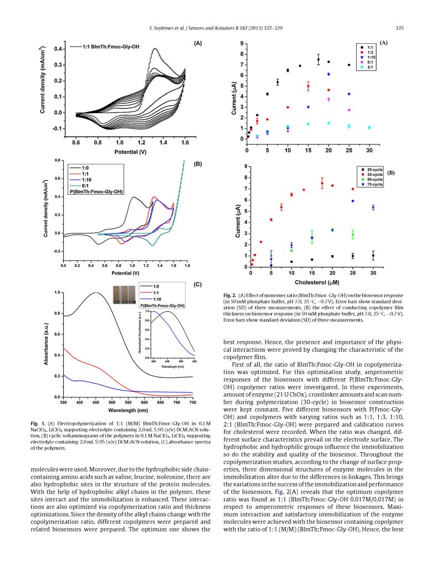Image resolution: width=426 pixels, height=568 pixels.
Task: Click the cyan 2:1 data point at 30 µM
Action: pyautogui.click(x=370, y=128)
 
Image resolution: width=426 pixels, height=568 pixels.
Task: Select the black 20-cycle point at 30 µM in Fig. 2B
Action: pyautogui.click(x=373, y=256)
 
